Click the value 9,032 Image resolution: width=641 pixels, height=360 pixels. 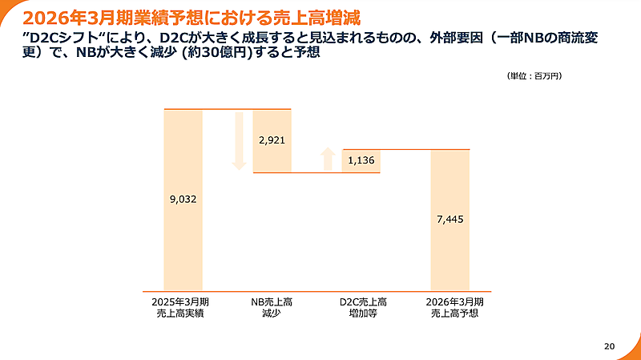[183, 199]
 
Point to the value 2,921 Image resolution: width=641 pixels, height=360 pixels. [272, 140]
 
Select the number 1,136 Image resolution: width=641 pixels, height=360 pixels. [361, 160]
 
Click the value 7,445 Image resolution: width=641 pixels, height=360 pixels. [450, 219]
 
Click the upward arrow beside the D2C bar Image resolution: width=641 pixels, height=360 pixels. [327, 159]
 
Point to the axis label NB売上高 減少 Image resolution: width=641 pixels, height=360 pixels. [272, 308]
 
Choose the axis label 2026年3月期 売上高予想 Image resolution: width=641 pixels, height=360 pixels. [450, 308]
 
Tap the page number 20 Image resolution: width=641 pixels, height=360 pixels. [609, 346]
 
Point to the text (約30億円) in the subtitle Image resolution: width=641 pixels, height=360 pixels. [216, 55]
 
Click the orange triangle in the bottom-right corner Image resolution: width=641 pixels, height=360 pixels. [633, 352]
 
